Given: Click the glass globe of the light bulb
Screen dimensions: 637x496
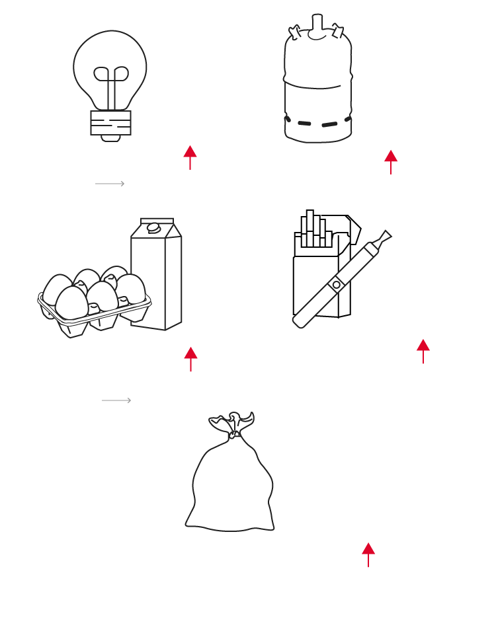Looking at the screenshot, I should [110, 53].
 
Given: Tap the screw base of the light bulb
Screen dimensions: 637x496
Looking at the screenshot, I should [110, 123].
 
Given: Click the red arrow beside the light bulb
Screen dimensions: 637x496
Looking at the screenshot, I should [190, 157].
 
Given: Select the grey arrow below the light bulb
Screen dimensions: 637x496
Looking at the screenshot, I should [110, 184].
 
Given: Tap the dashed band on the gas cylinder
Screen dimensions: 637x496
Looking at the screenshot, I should [318, 123].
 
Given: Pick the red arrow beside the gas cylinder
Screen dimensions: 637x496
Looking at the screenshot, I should [391, 161].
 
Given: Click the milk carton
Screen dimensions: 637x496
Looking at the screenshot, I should [157, 278].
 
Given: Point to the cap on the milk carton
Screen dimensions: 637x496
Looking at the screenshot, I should [153, 228].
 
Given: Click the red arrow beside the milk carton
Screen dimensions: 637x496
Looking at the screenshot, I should [190, 358].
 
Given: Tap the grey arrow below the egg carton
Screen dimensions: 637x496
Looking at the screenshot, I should [116, 400].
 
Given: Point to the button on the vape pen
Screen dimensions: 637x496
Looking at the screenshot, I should [337, 285].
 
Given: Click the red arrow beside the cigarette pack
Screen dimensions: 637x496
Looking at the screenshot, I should [423, 350].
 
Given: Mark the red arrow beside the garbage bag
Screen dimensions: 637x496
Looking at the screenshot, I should [368, 554].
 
